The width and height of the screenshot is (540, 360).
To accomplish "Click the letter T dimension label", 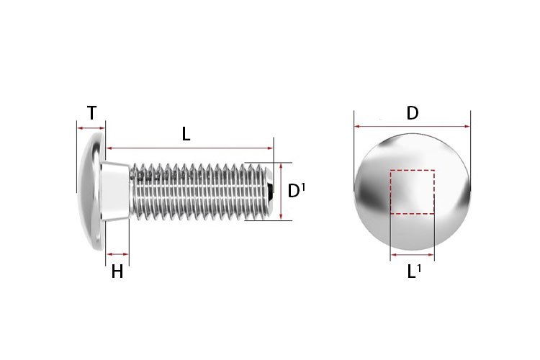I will click(91, 113).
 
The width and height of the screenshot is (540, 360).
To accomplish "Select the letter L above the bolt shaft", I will click(186, 133).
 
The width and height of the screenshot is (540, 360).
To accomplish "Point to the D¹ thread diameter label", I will click(296, 191).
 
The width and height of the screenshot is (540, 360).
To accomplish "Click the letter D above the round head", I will click(412, 113).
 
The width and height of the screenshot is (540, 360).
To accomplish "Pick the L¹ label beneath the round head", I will click(413, 272).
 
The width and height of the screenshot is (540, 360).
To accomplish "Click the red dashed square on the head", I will click(412, 192).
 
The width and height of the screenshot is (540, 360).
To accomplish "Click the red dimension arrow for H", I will click(117, 254).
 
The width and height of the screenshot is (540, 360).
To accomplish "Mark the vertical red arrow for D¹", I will click(281, 192).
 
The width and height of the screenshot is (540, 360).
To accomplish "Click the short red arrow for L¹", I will click(413, 255).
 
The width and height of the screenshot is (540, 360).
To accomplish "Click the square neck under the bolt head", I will click(117, 192).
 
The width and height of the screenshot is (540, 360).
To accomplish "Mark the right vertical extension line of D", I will click(470, 151).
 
